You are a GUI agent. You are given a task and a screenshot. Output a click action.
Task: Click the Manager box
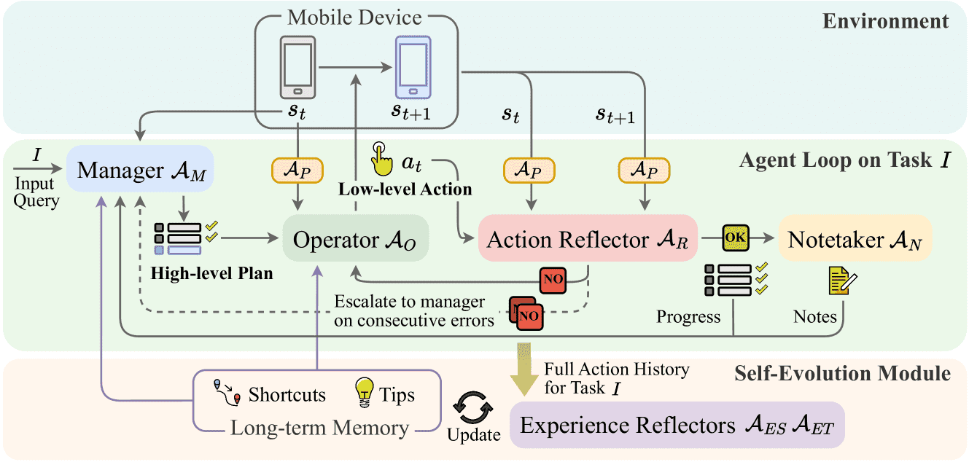(x=140, y=169)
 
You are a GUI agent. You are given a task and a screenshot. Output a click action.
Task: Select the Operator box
(x=356, y=238)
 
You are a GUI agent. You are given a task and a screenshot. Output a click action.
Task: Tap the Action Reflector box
(x=588, y=238)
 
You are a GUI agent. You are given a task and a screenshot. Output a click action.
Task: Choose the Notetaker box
(x=855, y=238)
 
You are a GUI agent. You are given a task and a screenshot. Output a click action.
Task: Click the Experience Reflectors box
(x=677, y=425)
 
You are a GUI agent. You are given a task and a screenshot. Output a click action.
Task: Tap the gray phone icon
(x=297, y=68)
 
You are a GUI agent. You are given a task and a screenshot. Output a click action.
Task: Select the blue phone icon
(x=413, y=68)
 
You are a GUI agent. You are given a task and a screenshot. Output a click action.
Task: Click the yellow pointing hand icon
(x=381, y=159)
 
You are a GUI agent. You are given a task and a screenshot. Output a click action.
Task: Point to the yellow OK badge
(x=736, y=238)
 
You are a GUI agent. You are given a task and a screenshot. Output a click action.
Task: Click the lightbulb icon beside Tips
(x=365, y=392)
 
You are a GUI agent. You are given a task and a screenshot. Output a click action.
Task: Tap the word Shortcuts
(x=287, y=394)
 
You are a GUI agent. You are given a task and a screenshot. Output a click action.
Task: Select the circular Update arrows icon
(x=472, y=407)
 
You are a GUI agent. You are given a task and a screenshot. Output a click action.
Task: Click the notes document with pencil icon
(x=843, y=281)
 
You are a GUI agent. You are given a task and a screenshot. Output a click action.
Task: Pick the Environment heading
(x=885, y=20)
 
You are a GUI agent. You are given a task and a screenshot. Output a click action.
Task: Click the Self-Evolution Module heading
(x=842, y=373)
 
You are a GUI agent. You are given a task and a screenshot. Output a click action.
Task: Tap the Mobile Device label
(x=354, y=17)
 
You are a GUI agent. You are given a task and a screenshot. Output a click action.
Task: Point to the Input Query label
(x=36, y=192)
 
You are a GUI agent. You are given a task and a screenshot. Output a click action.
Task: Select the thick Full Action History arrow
(x=524, y=369)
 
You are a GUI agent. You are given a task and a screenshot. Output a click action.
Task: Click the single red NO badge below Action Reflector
(x=553, y=280)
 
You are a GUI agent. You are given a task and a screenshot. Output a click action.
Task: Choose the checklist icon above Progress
(x=736, y=280)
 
